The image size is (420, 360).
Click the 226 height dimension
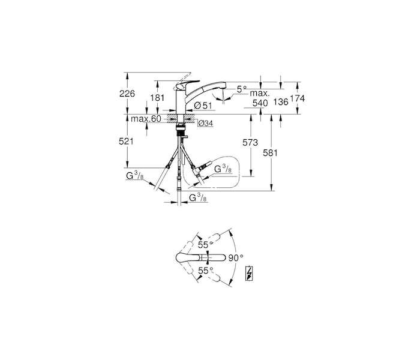[127, 94]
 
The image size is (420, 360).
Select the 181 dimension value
[157, 98]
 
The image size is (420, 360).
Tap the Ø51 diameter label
[203, 105]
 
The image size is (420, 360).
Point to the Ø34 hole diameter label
[206, 124]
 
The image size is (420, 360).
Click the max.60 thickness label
[146, 119]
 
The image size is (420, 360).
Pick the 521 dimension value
[126, 142]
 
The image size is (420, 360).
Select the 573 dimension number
[250, 143]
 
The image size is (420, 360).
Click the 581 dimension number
[270, 153]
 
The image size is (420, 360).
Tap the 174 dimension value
[298, 99]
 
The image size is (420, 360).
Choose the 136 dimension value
[281, 101]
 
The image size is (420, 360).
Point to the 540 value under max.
[260, 103]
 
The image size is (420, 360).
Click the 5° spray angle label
[242, 89]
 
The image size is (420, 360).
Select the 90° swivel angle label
[236, 257]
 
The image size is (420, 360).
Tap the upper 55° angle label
[205, 244]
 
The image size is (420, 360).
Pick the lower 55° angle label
[205, 271]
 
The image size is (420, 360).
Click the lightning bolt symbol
[250, 274]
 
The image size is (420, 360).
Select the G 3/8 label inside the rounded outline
[223, 169]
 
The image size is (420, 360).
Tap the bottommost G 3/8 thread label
[197, 197]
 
